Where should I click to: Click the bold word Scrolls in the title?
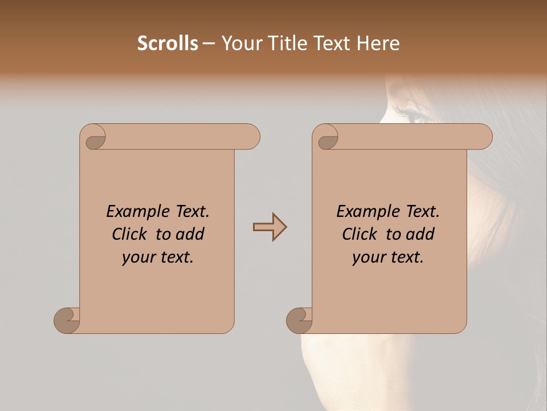click(x=168, y=43)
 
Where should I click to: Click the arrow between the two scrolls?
click(x=270, y=227)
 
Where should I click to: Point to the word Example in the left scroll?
click(x=132, y=212)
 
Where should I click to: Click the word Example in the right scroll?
click(x=362, y=212)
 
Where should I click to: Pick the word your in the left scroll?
click(x=138, y=258)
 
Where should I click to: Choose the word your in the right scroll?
click(x=368, y=258)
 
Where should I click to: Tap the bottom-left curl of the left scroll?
click(x=67, y=320)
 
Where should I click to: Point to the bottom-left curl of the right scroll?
click(x=300, y=320)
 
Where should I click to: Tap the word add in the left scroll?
click(x=190, y=235)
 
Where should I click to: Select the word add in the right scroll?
click(x=421, y=235)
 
